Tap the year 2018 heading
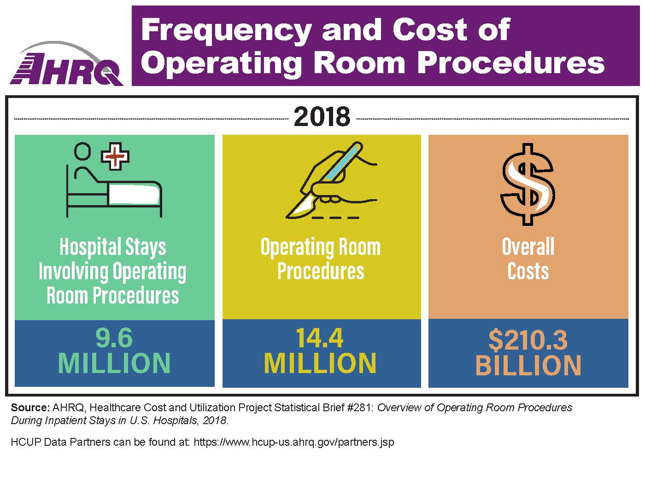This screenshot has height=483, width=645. click(x=322, y=117)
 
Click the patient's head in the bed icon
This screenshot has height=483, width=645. click(x=83, y=150)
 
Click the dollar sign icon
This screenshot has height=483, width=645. click(x=528, y=184)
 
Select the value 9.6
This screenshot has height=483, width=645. click(x=114, y=338)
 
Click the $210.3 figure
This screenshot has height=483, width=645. click(x=528, y=340)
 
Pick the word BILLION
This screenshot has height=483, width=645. click(x=528, y=365)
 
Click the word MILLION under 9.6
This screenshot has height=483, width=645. click(x=114, y=363)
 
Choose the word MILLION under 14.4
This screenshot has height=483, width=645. click(x=320, y=363)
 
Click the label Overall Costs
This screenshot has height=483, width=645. click(x=528, y=259)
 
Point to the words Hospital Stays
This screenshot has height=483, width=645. click(x=113, y=247)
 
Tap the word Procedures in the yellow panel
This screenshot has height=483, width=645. click(x=321, y=271)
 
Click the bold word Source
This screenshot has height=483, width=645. click(x=30, y=408)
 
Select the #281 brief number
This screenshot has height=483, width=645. click(x=361, y=408)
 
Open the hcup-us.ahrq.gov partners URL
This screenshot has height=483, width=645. click(x=294, y=443)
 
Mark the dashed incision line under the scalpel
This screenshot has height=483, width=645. click(x=335, y=217)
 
